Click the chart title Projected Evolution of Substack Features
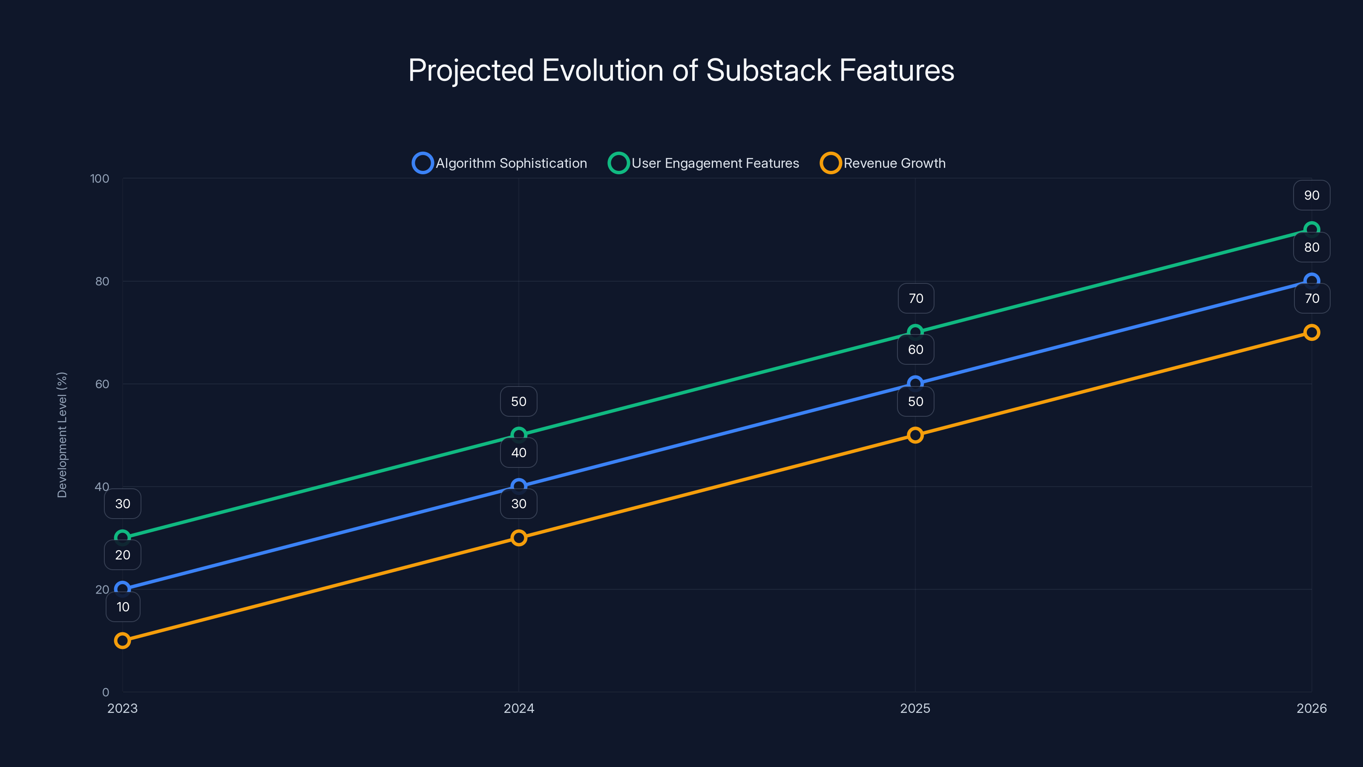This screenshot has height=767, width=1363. tap(681, 70)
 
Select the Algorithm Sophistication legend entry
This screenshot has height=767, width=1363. tap(500, 163)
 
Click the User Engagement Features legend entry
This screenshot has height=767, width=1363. tap(704, 163)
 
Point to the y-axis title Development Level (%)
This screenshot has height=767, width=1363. tap(62, 435)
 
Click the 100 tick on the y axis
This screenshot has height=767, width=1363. tap(100, 179)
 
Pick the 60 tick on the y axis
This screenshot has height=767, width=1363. tap(102, 384)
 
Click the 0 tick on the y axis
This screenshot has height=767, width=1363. tap(105, 692)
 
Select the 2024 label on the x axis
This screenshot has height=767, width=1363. tap(518, 708)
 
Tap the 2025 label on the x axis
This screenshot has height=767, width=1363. tap(915, 708)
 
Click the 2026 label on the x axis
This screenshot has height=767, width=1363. tap(1311, 708)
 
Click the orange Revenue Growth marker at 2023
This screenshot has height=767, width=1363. tap(122, 640)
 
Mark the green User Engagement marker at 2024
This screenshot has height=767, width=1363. tap(518, 435)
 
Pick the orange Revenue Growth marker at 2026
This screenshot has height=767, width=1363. tap(1311, 332)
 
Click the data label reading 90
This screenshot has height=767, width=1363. tap(1311, 195)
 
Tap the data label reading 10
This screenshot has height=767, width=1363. tap(123, 607)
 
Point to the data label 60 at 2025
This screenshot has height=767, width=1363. tap(915, 349)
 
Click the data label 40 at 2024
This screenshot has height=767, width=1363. tap(518, 453)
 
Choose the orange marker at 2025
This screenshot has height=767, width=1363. tap(915, 435)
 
